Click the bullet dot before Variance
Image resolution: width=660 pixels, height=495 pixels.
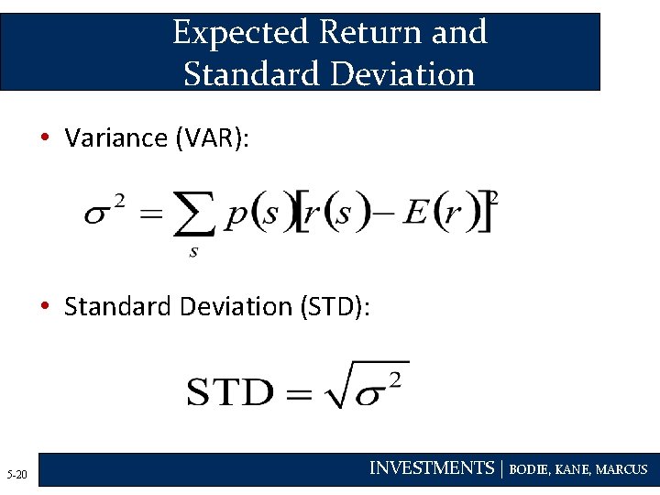point(44,138)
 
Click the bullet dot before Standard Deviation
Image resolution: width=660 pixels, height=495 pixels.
point(44,306)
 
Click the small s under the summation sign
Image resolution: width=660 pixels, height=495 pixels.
point(193,252)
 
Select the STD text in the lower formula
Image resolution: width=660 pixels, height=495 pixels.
point(230,392)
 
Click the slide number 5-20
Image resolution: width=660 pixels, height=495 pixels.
point(17,474)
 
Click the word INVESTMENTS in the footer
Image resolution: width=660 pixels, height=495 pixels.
point(431,468)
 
